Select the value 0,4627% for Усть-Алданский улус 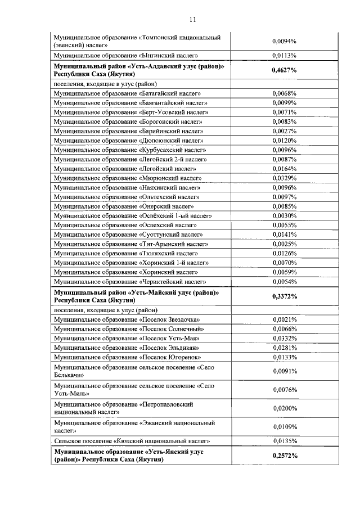[x=284, y=70]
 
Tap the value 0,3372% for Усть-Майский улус [x=284, y=296]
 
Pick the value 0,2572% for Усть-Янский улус [x=284, y=455]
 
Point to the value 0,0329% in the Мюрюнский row [x=284, y=178]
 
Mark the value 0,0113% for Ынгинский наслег [x=284, y=56]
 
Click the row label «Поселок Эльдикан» [x=127, y=348]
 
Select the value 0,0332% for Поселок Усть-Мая [x=284, y=338]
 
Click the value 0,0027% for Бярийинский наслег [x=284, y=130]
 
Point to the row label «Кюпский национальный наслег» [x=132, y=441]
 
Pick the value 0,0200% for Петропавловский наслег [x=284, y=408]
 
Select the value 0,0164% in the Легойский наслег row [x=284, y=168]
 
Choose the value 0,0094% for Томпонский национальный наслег [x=284, y=41]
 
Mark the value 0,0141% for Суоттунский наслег [x=284, y=235]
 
